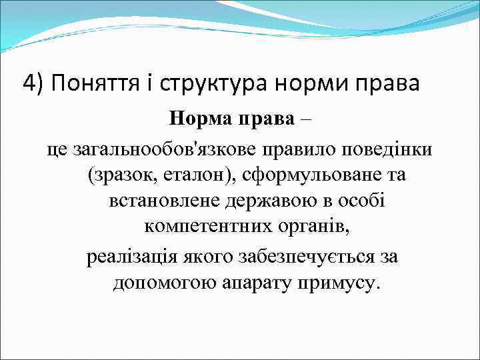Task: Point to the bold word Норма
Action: click(x=199, y=119)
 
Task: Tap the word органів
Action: click(x=309, y=228)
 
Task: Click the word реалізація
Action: click(x=131, y=256)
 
